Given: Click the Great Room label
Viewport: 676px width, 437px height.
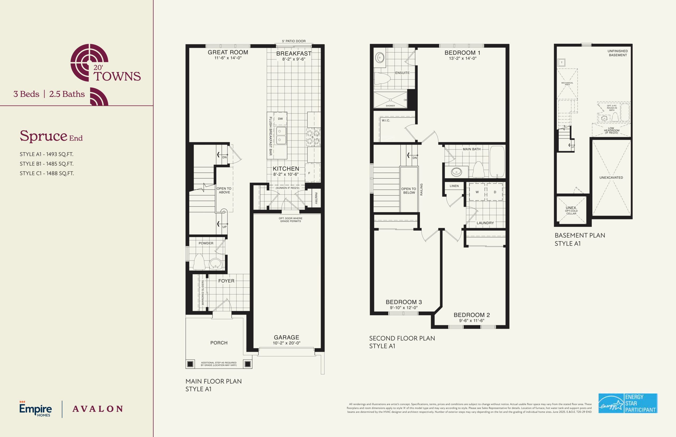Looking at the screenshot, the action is click(x=228, y=52).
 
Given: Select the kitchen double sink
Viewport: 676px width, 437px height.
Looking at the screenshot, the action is click(x=281, y=135).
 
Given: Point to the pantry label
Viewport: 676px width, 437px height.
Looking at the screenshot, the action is click(x=316, y=198).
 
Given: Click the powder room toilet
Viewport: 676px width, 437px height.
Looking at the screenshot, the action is click(x=199, y=262).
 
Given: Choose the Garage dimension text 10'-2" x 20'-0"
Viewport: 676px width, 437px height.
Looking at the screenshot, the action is click(x=287, y=343).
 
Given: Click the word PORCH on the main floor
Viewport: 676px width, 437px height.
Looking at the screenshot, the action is click(x=219, y=343).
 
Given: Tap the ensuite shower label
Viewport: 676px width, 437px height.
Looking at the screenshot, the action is click(x=390, y=106).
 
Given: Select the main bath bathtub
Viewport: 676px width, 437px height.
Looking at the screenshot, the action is click(x=497, y=161).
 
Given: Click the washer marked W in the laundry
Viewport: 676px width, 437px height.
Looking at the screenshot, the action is click(x=477, y=192).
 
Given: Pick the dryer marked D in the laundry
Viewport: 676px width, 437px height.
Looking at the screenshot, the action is click(x=495, y=192).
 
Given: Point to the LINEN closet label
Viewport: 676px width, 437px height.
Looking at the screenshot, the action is click(x=454, y=186).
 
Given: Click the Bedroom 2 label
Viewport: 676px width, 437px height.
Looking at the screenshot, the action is click(x=472, y=315).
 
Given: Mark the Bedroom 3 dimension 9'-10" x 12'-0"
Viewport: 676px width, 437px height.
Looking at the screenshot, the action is click(x=404, y=308).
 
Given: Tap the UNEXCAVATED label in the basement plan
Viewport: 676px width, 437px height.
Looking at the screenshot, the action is click(x=611, y=178).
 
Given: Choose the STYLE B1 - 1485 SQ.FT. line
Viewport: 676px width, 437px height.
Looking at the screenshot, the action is click(x=46, y=164).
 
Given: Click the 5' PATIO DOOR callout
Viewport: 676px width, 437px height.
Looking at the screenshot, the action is click(x=294, y=41).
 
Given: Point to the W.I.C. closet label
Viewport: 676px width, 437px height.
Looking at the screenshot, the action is click(x=386, y=121).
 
